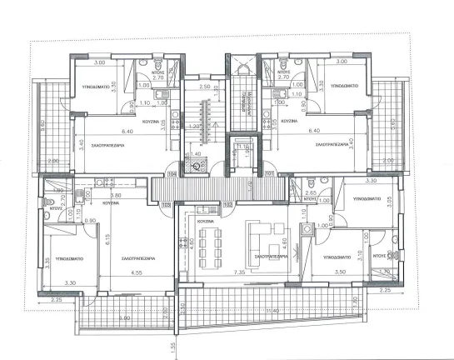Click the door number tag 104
tap(172, 174)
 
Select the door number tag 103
tap(166, 203)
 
